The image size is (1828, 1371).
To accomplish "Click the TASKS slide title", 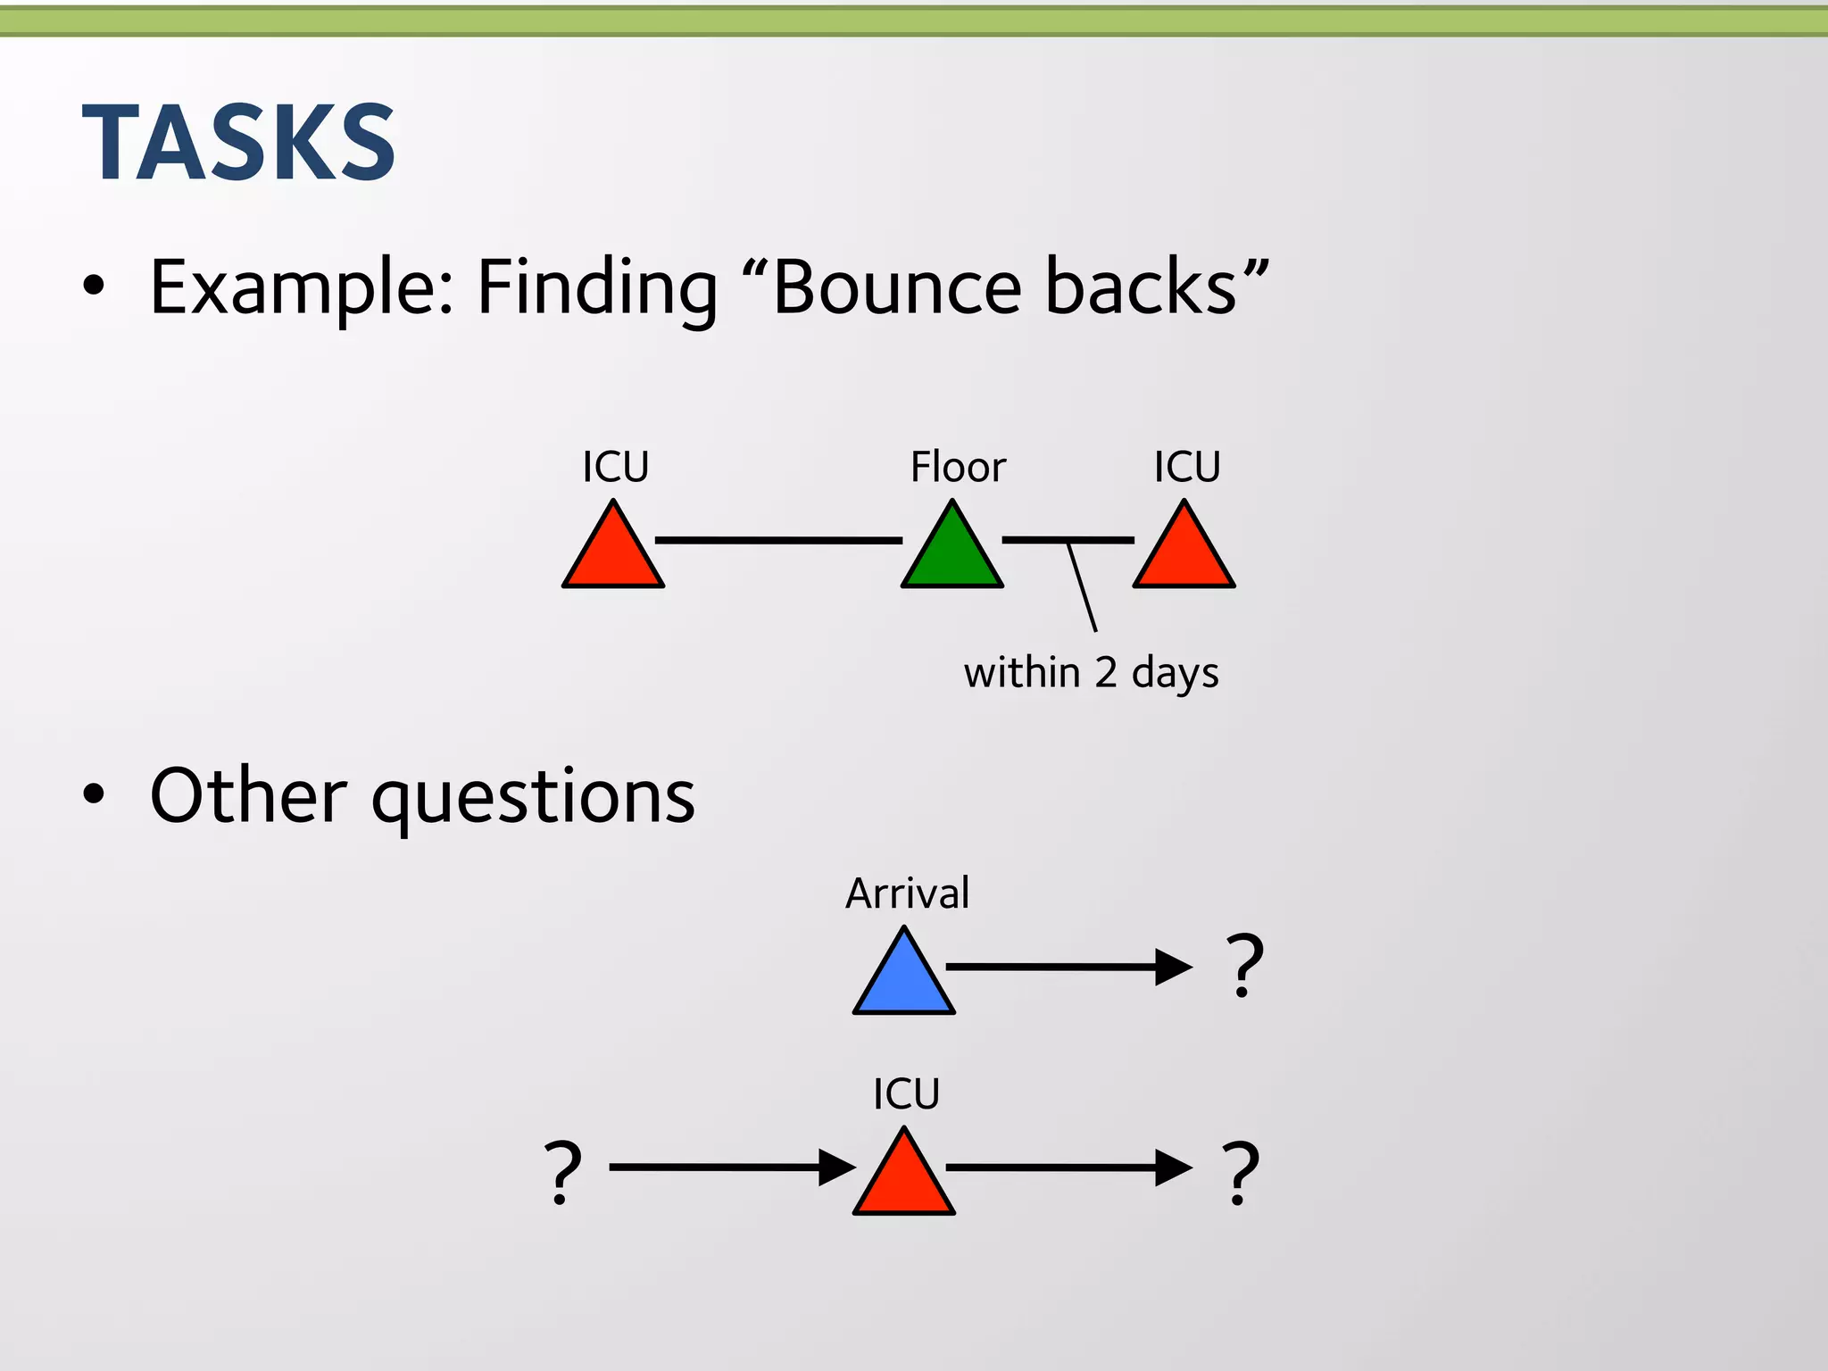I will (x=238, y=143).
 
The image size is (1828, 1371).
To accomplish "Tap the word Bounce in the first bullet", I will (x=896, y=287).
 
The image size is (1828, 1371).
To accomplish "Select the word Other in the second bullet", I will (x=248, y=795).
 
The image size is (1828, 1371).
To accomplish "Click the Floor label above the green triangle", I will (x=958, y=467).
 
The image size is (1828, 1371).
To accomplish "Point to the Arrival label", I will (x=907, y=893).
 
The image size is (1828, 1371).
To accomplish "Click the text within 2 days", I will (x=1091, y=673).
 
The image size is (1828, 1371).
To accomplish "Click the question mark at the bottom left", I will (x=563, y=1172).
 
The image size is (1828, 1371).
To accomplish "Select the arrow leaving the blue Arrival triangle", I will (x=1068, y=967).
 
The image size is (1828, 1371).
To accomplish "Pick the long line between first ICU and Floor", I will (x=778, y=540).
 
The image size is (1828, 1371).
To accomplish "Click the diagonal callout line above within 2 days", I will (x=1082, y=587).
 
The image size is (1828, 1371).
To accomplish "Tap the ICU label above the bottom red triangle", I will (x=906, y=1094).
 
